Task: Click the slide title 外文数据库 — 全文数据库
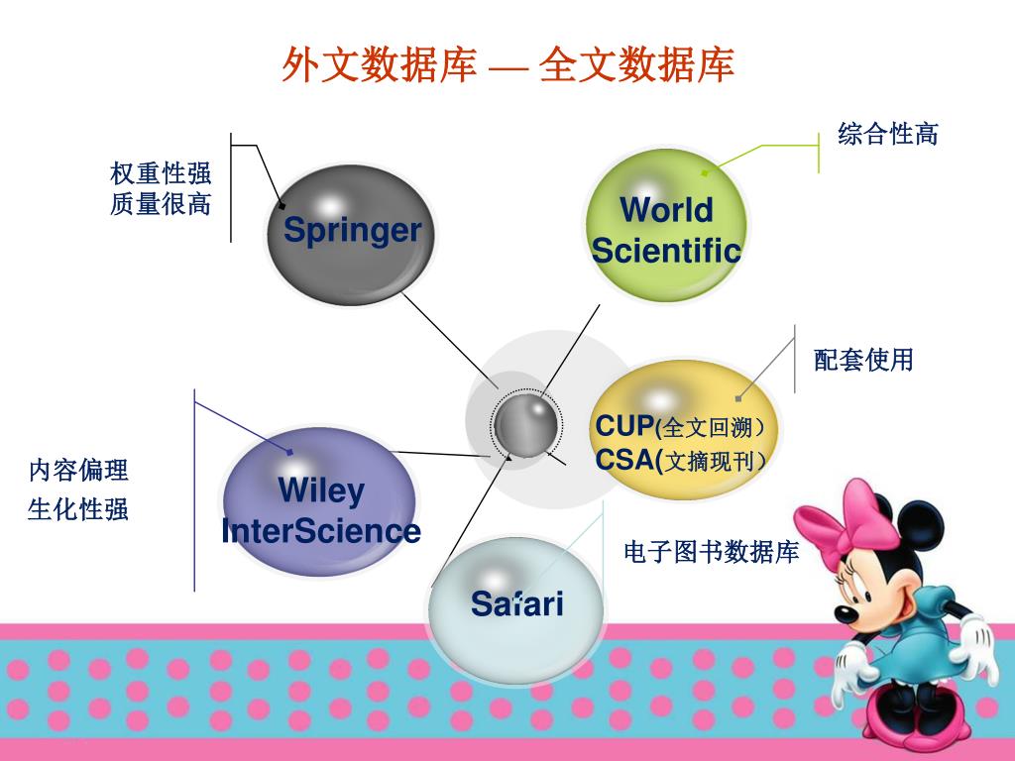[x=507, y=65]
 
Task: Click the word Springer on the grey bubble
[x=352, y=231]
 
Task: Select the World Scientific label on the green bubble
[x=666, y=230]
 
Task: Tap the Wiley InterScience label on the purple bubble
[x=321, y=510]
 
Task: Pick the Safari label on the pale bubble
[x=516, y=602]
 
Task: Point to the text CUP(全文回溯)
[x=680, y=427]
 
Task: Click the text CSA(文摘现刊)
[x=680, y=461]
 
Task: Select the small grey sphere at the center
[x=526, y=424]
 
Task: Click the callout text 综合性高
[x=887, y=134]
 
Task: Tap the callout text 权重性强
[x=161, y=174]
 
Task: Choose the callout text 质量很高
[x=161, y=205]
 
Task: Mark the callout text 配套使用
[x=863, y=360]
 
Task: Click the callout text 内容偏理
[x=78, y=470]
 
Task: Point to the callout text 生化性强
[x=78, y=510]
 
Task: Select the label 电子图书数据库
[x=711, y=552]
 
